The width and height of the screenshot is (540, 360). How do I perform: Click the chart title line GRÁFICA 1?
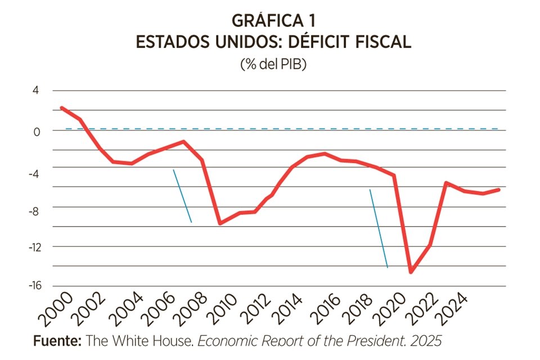click(x=273, y=21)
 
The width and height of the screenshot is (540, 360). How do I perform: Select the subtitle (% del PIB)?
click(x=273, y=64)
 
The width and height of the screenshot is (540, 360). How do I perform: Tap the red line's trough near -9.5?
click(x=220, y=223)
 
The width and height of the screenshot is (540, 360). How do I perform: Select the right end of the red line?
click(x=499, y=190)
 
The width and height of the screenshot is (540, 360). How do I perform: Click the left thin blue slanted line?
click(x=182, y=196)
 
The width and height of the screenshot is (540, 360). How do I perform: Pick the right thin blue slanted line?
click(x=379, y=228)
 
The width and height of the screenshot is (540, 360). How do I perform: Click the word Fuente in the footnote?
click(x=57, y=340)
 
